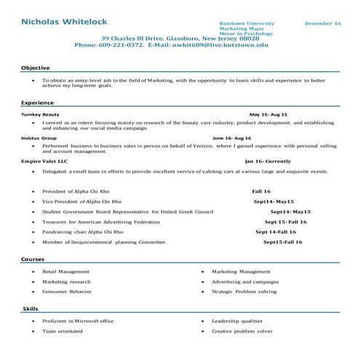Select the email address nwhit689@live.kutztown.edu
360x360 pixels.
(x=219, y=45)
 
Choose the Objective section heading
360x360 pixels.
(x=36, y=68)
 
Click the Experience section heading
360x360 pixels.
(x=38, y=103)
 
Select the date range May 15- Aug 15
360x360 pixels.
(x=268, y=114)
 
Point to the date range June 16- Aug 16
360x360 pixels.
(x=231, y=137)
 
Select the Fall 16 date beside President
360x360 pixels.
(x=261, y=191)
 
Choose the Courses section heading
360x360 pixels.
(x=33, y=260)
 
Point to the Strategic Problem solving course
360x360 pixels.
(x=244, y=291)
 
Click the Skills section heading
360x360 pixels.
(x=30, y=309)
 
